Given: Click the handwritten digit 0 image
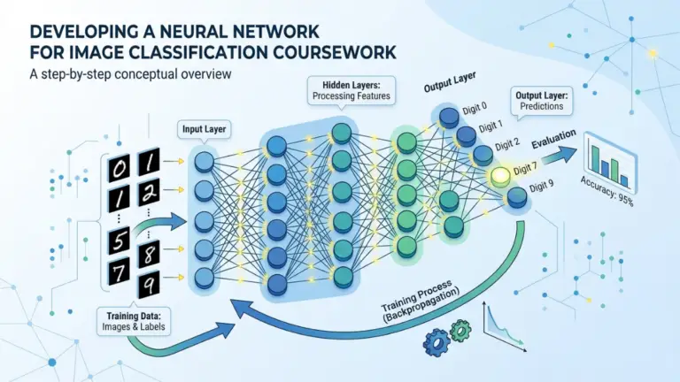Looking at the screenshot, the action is (x=119, y=168).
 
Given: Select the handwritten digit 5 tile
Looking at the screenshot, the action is (x=119, y=241).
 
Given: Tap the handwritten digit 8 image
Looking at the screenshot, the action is (x=149, y=254).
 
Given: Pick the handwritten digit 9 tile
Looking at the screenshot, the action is (x=149, y=286).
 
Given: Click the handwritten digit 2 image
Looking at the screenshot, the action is (x=149, y=192).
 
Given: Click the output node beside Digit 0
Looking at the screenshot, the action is (x=449, y=116).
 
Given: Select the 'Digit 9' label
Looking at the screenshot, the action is (x=541, y=187).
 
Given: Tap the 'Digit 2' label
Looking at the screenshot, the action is (x=507, y=144).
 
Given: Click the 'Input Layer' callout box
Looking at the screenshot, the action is (x=204, y=129).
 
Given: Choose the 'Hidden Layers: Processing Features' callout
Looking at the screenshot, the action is (x=352, y=90).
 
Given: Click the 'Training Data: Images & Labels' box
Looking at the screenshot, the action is (x=134, y=321).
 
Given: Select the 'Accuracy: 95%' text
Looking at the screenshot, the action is (x=607, y=191).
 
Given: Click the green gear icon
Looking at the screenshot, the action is (x=460, y=331).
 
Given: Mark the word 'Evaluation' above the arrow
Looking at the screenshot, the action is (x=553, y=139).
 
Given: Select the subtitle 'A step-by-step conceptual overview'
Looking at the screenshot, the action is (x=130, y=74).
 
